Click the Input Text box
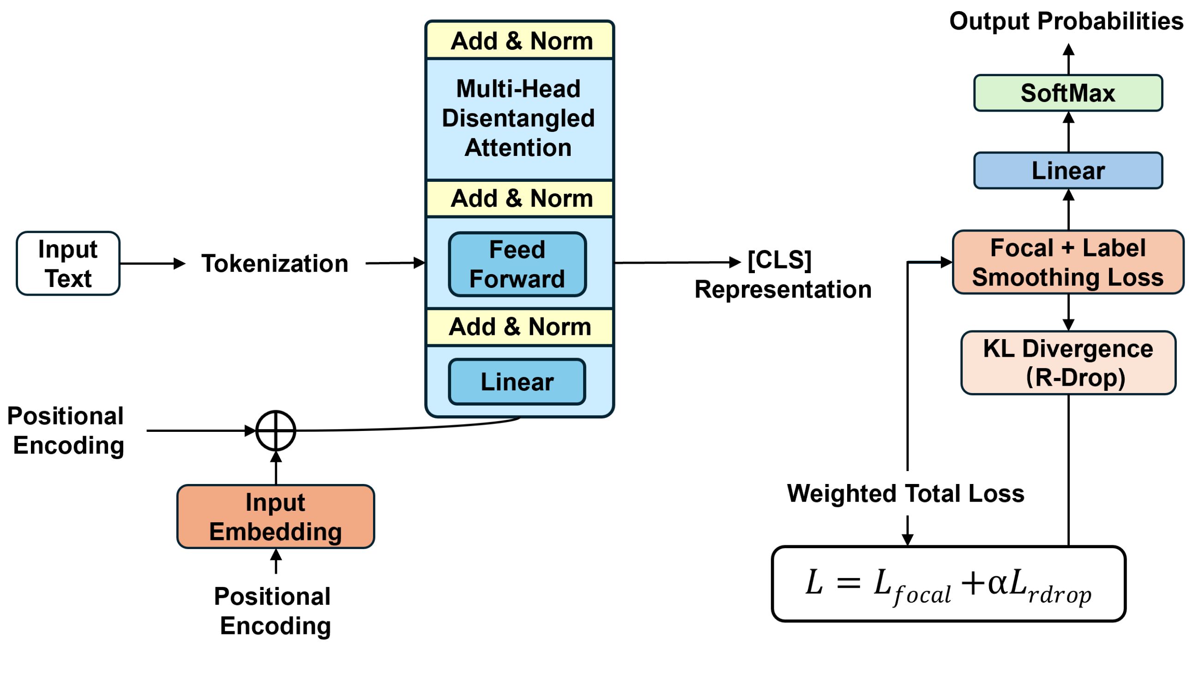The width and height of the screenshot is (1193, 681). point(68,263)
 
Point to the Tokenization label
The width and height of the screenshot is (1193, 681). point(275,263)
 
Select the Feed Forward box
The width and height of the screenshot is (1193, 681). point(517,264)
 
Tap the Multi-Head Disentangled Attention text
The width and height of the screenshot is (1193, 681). point(518,118)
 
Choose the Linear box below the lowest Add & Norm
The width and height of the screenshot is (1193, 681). point(517,382)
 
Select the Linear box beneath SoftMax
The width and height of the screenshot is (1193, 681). point(1067,171)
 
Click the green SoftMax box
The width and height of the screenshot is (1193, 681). point(1067,93)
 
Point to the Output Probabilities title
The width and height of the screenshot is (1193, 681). point(1066,22)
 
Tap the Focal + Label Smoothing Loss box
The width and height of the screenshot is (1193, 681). point(1067,263)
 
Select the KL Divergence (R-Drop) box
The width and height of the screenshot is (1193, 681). point(1067,363)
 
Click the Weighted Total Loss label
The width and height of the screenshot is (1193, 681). point(905,493)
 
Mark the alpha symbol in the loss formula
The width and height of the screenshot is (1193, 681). point(997,583)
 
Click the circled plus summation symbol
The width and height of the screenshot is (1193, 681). point(276,431)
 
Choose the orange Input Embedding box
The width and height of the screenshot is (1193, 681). point(276,517)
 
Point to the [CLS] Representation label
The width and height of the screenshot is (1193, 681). point(782,275)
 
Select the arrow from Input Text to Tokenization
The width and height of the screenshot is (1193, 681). point(152,263)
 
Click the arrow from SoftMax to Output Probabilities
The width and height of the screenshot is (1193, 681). point(1068,59)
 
